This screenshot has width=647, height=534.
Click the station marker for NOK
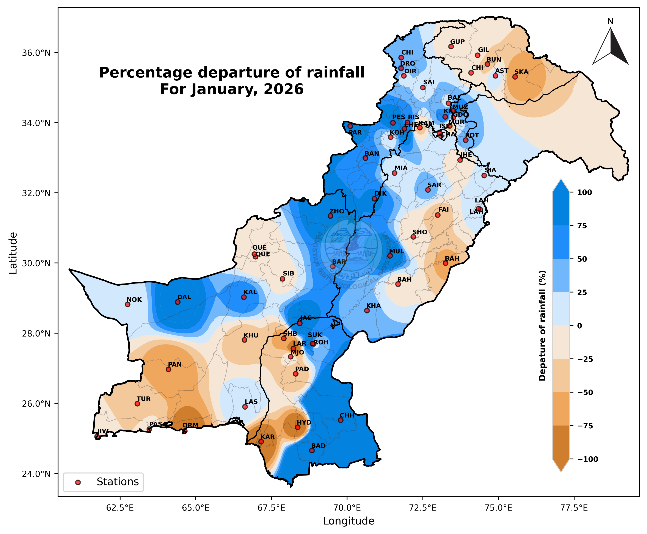coord(127,304)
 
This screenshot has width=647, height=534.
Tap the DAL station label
coord(184,297)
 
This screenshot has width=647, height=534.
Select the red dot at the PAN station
coord(168,369)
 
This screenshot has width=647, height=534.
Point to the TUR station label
coord(144,399)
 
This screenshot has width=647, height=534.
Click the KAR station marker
coord(261,442)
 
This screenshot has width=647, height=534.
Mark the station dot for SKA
coord(515,77)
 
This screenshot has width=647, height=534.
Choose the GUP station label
coord(457,42)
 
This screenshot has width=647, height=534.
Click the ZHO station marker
coord(330,216)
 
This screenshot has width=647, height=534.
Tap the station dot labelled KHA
coord(367,310)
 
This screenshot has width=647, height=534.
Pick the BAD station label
coord(318,446)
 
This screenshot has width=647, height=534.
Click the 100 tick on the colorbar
coord(584,193)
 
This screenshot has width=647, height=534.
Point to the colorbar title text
coord(542,326)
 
